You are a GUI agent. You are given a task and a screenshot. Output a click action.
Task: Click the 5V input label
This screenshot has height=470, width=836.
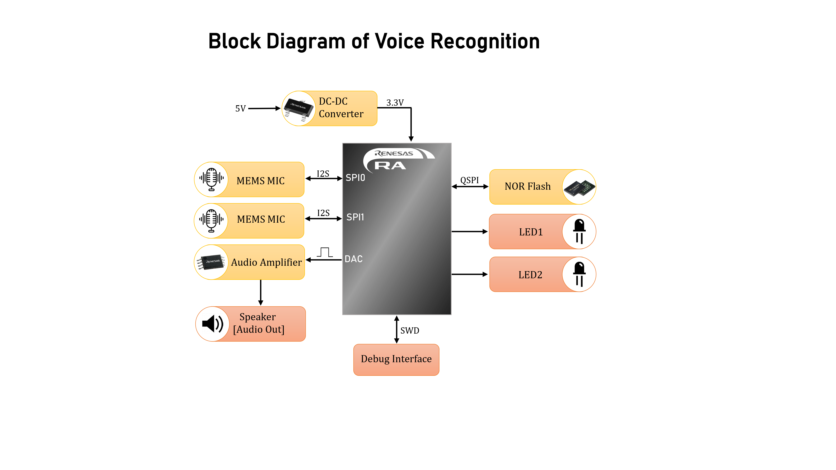click(241, 108)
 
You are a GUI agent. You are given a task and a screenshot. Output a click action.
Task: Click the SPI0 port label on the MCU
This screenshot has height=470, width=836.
click(355, 178)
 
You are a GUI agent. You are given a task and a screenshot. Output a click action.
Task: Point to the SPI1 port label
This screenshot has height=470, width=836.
click(355, 217)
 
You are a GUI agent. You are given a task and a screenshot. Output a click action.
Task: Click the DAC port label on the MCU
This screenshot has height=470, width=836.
click(353, 259)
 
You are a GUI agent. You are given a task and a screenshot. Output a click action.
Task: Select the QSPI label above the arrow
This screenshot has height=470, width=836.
click(469, 180)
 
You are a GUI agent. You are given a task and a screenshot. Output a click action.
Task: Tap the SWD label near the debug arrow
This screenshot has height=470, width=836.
click(410, 330)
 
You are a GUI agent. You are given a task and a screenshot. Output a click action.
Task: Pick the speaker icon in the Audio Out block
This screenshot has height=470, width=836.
click(213, 324)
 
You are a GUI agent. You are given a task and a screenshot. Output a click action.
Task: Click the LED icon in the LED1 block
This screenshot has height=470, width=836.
click(579, 231)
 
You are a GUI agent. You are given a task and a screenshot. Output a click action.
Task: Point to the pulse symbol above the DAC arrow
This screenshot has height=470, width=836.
click(325, 252)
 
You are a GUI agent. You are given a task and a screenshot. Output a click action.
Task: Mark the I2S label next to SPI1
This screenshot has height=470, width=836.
click(323, 213)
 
